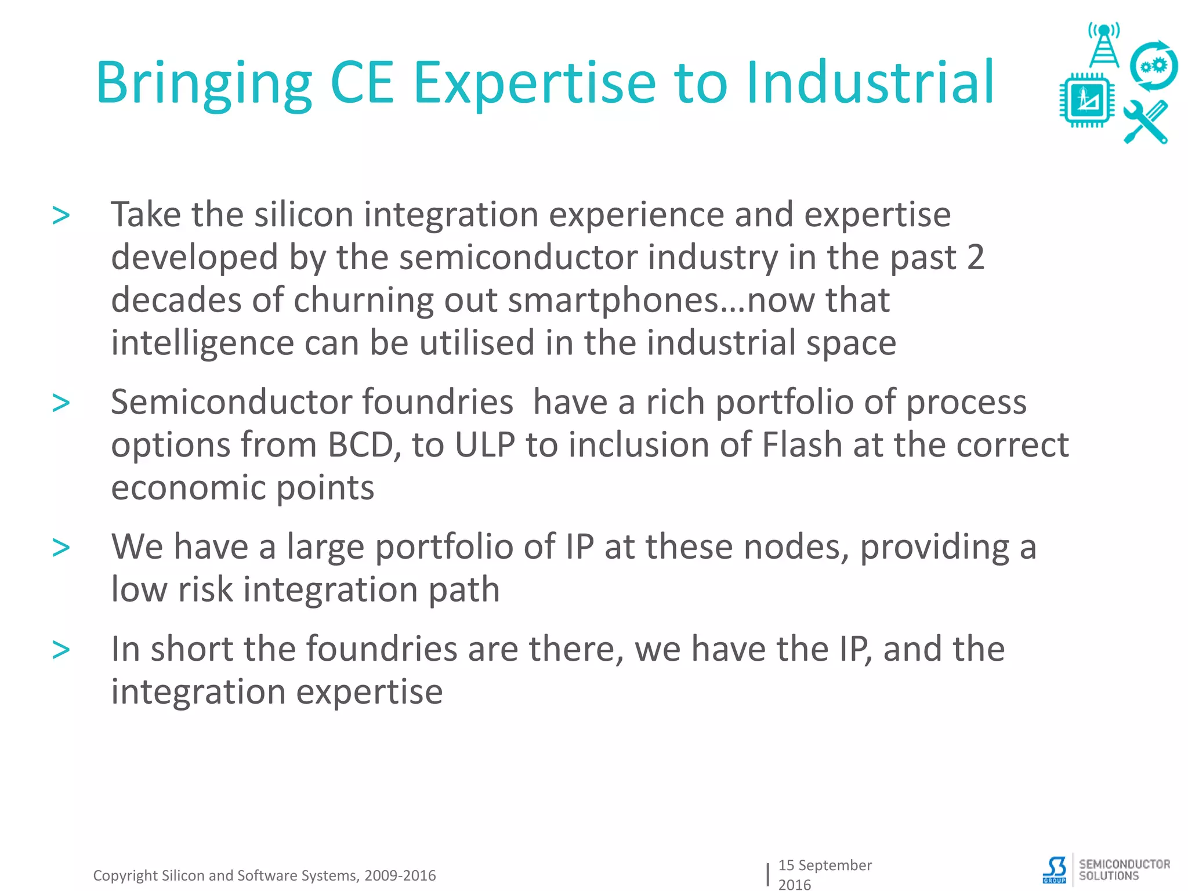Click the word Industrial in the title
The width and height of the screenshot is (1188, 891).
coord(870,82)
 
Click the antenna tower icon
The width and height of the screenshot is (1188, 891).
coord(1103,45)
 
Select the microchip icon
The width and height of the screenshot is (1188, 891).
coord(1086,100)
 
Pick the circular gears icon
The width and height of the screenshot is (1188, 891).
coord(1153,66)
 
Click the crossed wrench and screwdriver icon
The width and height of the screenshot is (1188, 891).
coord(1146,122)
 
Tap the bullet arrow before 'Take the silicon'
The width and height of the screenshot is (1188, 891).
coord(61,216)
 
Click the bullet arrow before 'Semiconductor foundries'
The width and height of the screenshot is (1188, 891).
coord(61,403)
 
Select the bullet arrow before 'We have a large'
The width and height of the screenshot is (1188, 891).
coord(61,548)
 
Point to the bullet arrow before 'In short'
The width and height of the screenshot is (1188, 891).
coord(61,650)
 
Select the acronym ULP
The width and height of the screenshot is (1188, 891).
coord(485,445)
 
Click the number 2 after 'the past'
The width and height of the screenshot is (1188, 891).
coord(976,258)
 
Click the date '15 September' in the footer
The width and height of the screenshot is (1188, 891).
coord(824,865)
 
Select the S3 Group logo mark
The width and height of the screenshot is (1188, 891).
coord(1055,870)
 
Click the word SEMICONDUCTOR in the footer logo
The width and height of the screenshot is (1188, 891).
coord(1124,864)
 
